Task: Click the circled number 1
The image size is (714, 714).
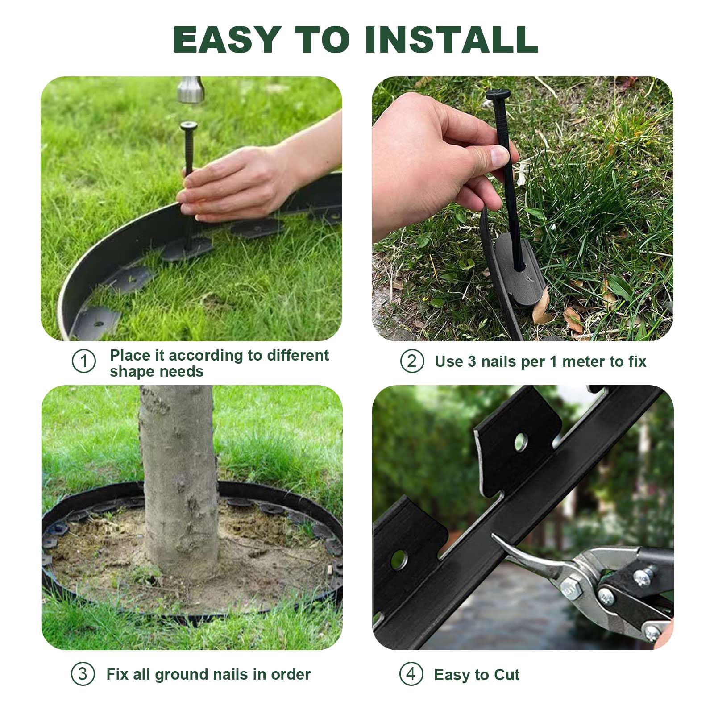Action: [x=84, y=361]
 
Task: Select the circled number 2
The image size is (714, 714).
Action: [x=412, y=361]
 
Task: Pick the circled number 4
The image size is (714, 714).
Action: [x=411, y=674]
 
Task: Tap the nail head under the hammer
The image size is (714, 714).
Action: [x=189, y=126]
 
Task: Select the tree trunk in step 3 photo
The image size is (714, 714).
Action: [x=178, y=482]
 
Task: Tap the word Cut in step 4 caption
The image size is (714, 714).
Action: [x=507, y=675]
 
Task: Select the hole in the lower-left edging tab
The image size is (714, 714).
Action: [x=400, y=560]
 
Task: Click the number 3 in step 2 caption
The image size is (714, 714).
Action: [x=472, y=361]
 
